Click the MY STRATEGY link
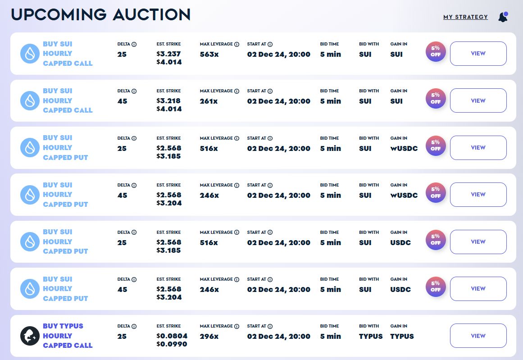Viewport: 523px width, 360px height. (465, 17)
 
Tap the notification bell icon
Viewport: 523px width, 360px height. (503, 17)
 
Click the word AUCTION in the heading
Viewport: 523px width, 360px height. (151, 14)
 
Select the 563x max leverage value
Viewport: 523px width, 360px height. (209, 55)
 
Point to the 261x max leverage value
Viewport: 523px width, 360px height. (209, 101)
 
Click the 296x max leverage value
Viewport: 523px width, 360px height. (209, 336)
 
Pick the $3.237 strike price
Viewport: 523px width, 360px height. (169, 54)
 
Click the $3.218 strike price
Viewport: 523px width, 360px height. (169, 101)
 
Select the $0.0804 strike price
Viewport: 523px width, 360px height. (172, 336)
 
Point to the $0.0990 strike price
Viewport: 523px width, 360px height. (172, 344)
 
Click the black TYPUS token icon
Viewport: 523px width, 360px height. (30, 336)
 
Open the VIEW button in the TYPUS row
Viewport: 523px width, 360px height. (478, 336)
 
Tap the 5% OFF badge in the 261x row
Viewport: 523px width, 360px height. (436, 99)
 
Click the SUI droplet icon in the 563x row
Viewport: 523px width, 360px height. (30, 54)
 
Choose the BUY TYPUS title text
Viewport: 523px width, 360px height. (63, 326)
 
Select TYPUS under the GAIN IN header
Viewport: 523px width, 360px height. (402, 336)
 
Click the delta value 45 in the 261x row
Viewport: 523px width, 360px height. (122, 101)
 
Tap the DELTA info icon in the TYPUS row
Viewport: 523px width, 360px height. (134, 326)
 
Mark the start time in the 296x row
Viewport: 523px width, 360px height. (278, 336)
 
